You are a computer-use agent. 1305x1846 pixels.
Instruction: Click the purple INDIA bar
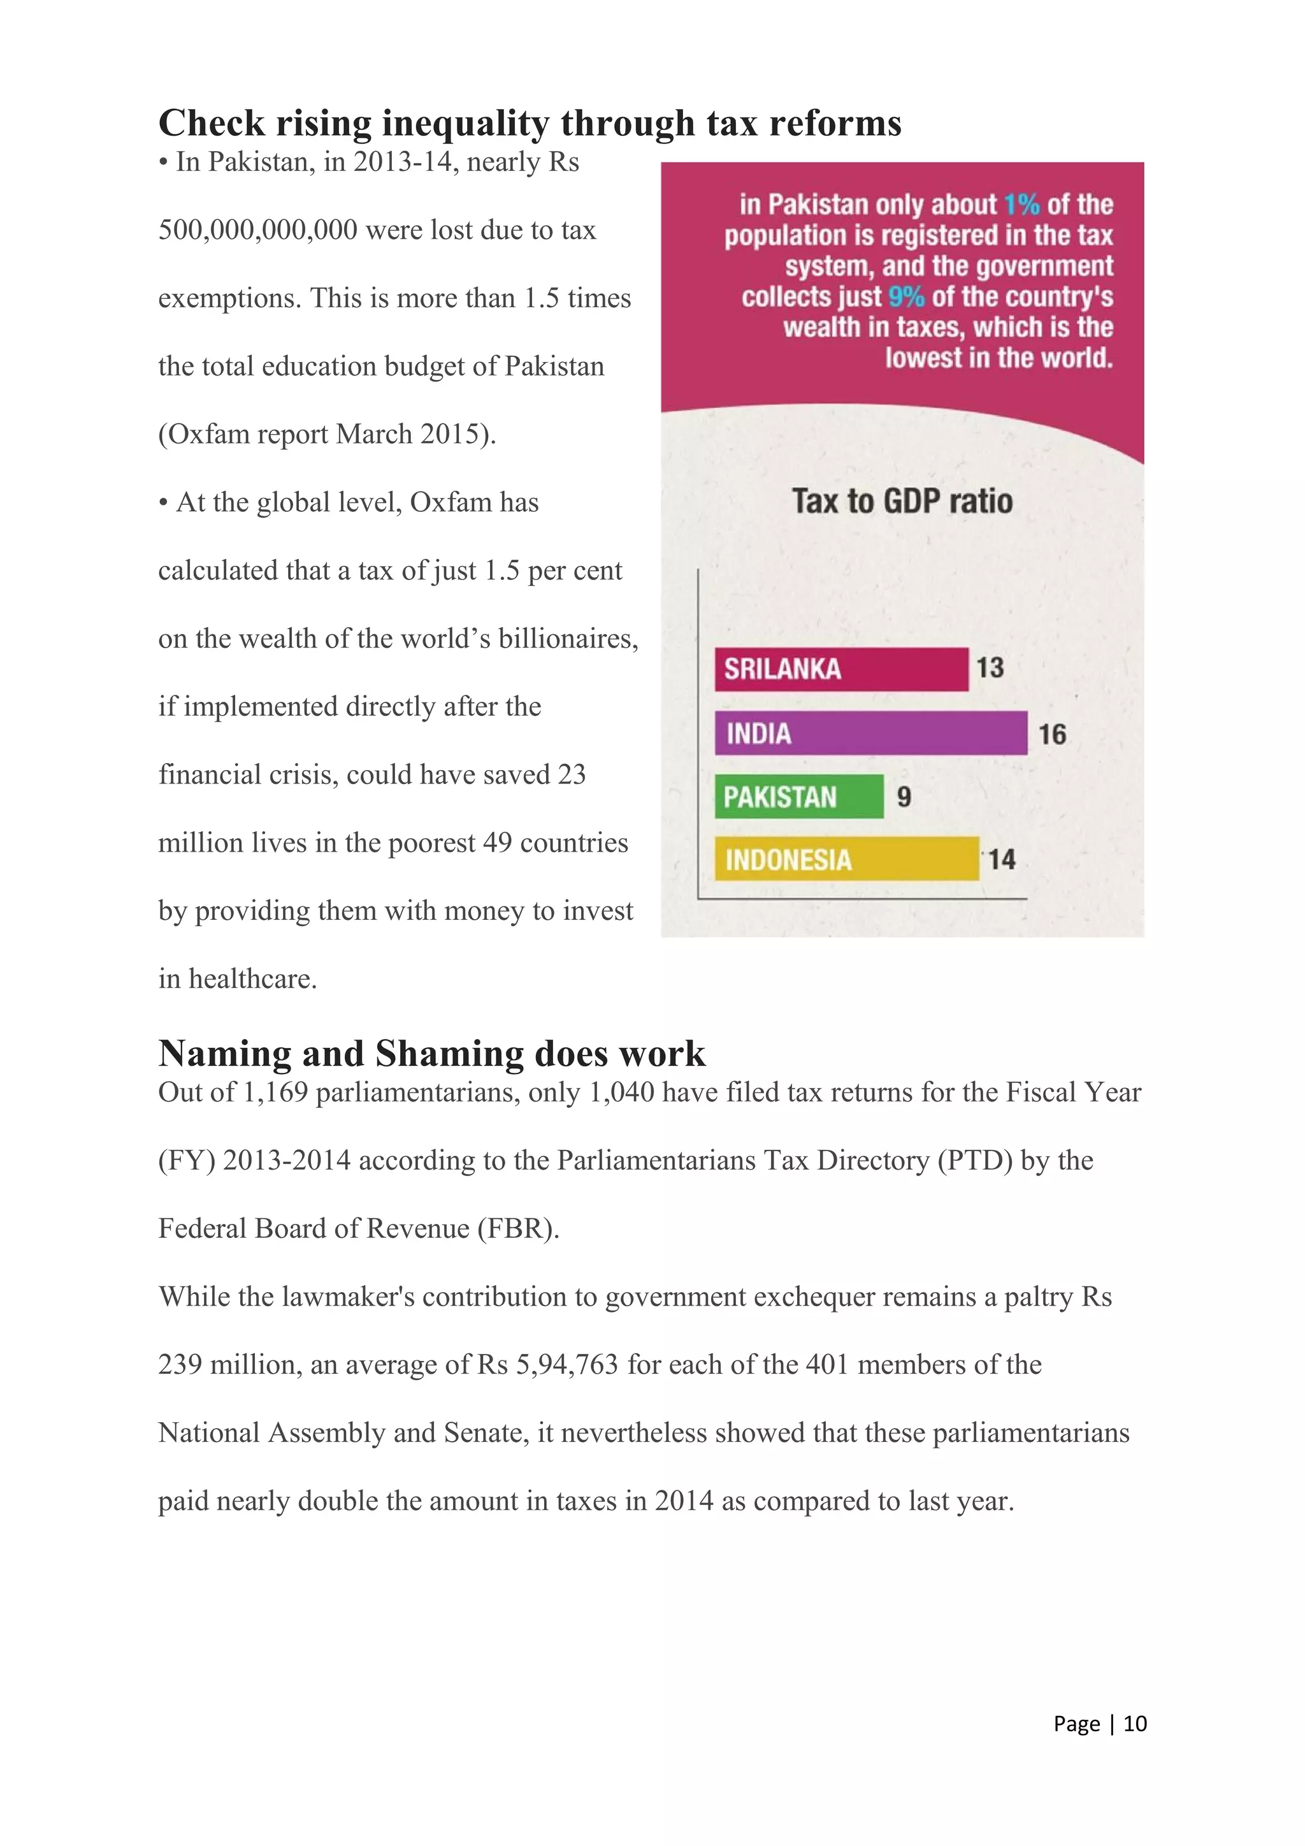pos(870,732)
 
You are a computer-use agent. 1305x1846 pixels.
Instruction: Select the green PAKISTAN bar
pos(799,796)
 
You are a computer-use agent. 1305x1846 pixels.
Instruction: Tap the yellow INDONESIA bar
pos(846,859)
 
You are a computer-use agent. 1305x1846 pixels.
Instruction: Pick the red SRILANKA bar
pos(840,669)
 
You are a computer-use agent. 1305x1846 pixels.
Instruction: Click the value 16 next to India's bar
pos(1052,734)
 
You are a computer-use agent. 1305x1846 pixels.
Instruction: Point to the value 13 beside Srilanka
pos(990,667)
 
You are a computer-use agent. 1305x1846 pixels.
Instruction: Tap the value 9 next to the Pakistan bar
pos(904,797)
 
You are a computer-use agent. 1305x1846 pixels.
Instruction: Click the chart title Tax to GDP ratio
pos(902,501)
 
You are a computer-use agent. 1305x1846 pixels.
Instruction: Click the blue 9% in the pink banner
pos(907,296)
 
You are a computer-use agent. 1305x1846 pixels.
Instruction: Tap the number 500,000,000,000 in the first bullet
pos(258,230)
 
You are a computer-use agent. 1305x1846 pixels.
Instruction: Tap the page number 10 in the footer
pos(1135,1724)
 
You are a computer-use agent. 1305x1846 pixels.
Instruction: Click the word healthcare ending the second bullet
pos(252,978)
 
